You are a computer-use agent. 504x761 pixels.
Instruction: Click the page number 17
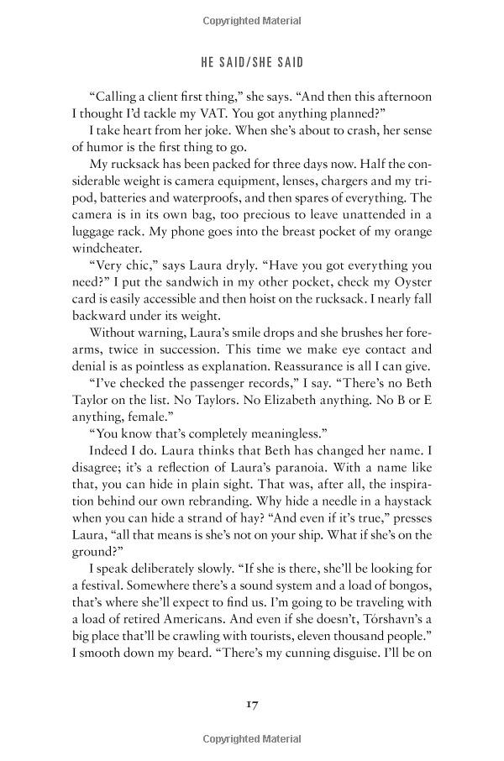point(252,702)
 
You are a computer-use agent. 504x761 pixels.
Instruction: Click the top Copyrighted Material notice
point(252,15)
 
